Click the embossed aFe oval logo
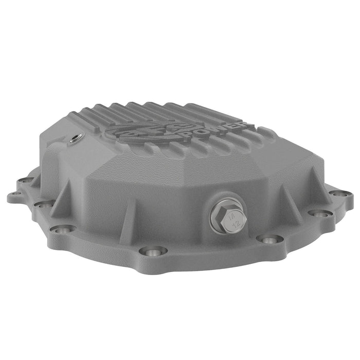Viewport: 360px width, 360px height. point(147,129)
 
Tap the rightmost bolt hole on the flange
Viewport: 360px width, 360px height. point(340,194)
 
